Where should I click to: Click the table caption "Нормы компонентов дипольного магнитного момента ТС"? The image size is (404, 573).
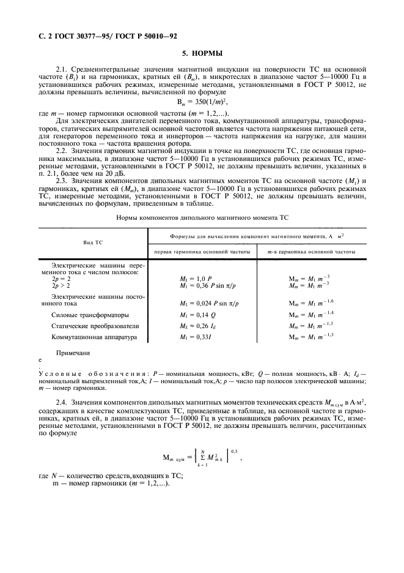202,218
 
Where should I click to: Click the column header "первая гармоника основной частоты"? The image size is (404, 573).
202,252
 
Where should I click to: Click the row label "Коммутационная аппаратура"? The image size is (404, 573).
94,337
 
